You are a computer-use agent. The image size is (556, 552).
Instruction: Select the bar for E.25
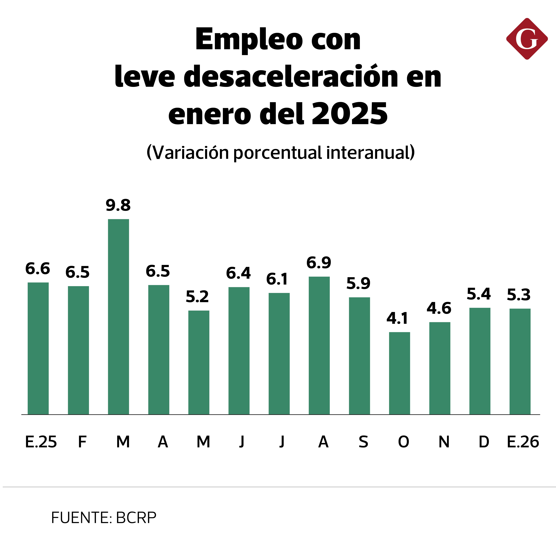(x=38, y=348)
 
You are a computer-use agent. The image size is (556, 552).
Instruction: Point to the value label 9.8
(x=118, y=205)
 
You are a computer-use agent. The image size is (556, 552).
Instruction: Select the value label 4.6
(x=439, y=308)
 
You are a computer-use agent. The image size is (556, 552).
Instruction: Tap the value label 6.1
(x=277, y=279)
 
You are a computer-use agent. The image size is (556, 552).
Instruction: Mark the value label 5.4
(x=479, y=294)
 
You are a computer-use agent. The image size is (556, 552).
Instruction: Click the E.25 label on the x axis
(x=41, y=442)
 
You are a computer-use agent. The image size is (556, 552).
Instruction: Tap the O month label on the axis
(x=403, y=442)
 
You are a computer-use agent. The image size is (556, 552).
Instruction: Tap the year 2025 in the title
(x=350, y=114)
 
